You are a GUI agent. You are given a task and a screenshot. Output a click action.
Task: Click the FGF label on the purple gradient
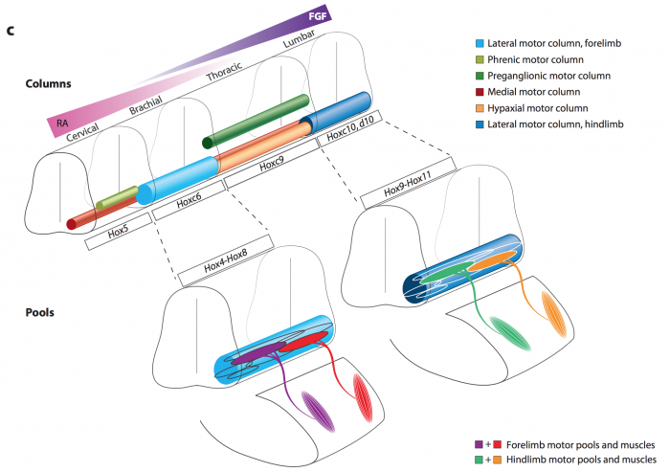[318, 16]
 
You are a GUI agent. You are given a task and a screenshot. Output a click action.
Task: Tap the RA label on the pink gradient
[62, 124]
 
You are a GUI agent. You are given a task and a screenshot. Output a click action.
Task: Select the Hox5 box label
[118, 232]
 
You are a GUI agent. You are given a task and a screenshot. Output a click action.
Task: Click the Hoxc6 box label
[189, 200]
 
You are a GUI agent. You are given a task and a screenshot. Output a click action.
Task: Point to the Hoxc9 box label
[272, 164]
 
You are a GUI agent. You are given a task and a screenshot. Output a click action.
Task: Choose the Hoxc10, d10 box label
[350, 128]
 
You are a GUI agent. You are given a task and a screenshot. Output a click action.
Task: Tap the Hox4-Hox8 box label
[226, 260]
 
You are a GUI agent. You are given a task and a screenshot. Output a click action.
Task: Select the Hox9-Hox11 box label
[408, 184]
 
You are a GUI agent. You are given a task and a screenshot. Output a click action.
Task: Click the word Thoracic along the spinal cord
[224, 71]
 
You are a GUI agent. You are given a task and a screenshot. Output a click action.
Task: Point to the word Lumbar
[299, 38]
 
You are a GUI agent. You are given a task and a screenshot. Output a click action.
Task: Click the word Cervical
[82, 132]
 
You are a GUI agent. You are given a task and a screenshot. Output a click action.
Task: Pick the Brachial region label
[145, 105]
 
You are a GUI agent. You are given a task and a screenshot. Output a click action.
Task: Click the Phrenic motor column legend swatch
[480, 59]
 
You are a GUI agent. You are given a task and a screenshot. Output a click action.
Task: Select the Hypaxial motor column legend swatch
[480, 108]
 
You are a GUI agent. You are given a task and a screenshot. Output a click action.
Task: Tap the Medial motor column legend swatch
[480, 92]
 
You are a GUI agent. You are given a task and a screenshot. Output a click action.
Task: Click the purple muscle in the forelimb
[318, 412]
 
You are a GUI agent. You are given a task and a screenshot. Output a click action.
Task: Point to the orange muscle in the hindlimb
[554, 314]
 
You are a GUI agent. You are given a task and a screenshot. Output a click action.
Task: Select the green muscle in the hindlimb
[510, 334]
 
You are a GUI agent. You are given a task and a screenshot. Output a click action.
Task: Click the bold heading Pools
[40, 312]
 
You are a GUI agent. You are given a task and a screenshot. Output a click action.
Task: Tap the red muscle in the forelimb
[363, 398]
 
